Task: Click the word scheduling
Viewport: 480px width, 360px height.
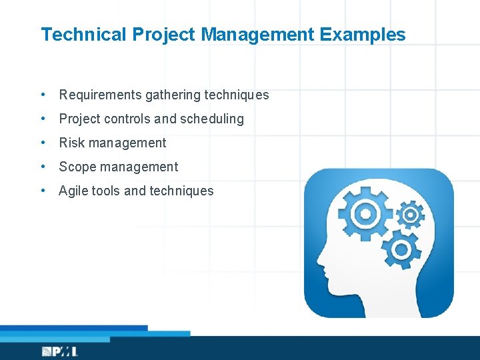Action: coord(213,119)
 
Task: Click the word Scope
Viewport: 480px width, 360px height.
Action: coord(76,167)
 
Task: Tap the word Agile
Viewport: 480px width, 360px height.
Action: coord(73,191)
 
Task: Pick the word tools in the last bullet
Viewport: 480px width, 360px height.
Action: coord(105,191)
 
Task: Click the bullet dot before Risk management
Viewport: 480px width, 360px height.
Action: coord(43,143)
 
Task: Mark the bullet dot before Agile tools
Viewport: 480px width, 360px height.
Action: coord(43,191)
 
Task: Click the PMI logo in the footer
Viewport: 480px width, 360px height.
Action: coord(59,351)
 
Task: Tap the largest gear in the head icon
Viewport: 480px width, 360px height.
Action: coord(363,213)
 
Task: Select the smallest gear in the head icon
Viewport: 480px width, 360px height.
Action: coord(409,215)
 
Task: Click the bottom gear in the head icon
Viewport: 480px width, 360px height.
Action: coord(401,249)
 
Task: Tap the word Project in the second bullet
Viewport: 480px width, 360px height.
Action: coord(81,119)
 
